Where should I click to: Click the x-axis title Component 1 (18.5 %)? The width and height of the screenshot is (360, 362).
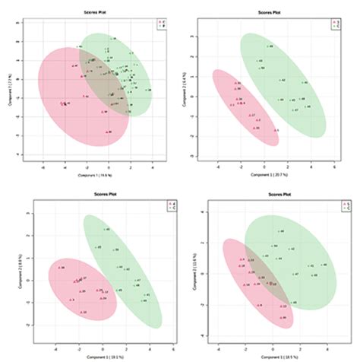272,356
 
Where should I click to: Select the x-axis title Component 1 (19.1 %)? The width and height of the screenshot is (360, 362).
95,356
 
